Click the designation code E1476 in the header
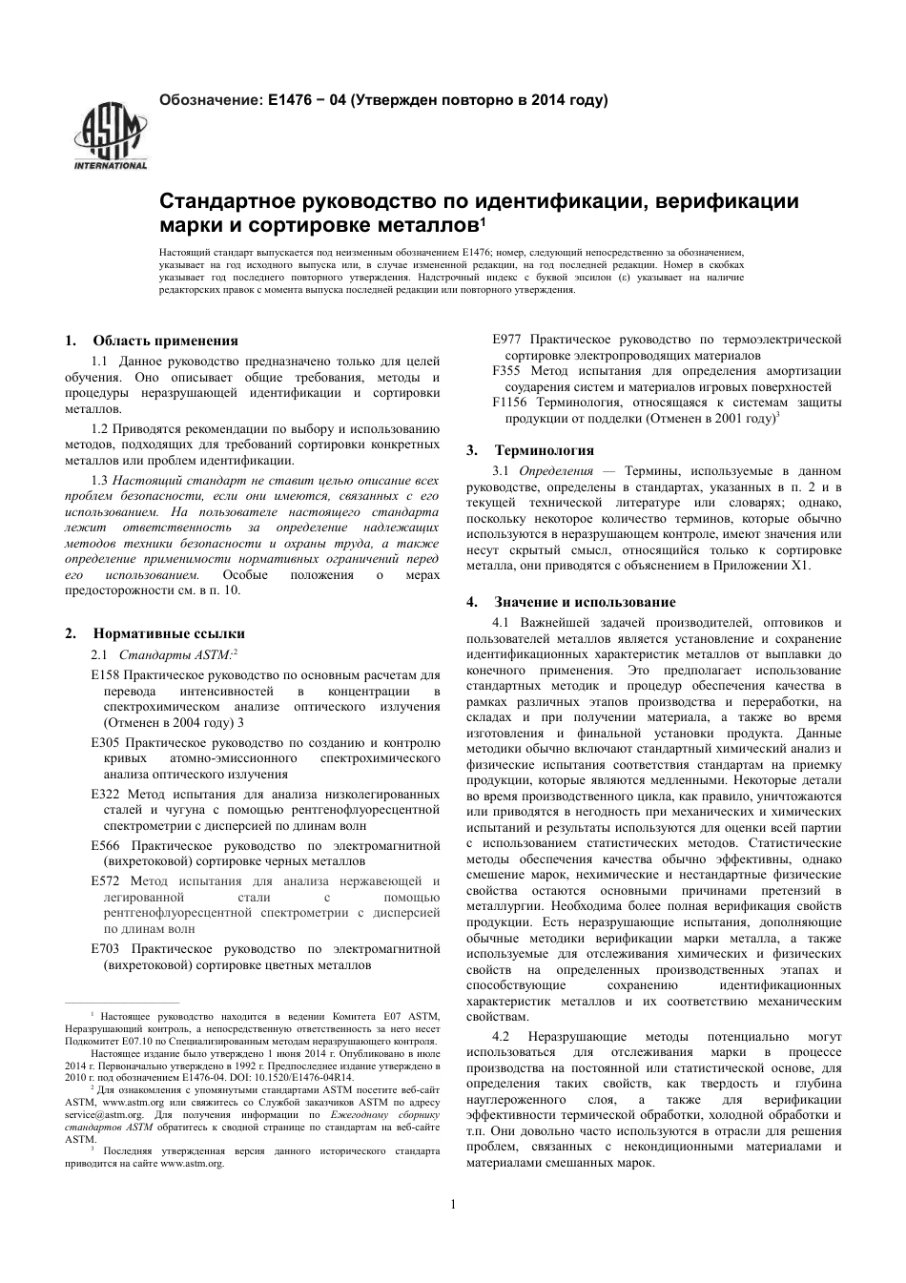click(290, 99)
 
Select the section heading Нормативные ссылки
click(169, 633)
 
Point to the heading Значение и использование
click(585, 602)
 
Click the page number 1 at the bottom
click(453, 1204)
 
